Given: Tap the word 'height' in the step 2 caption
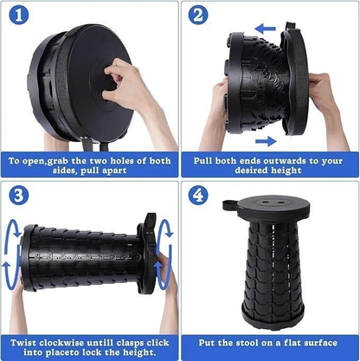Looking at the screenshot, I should (x=292, y=171).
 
